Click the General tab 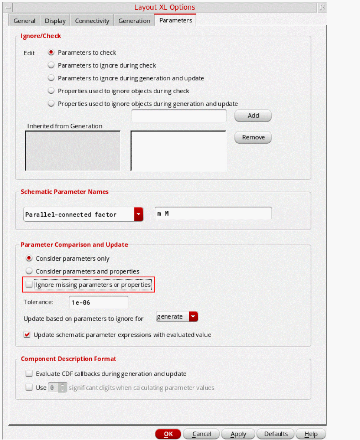[24, 21]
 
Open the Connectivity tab [92, 21]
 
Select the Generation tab [134, 21]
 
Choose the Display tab [55, 21]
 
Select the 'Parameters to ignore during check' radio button [51, 65]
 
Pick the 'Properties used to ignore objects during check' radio [51, 91]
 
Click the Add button [253, 115]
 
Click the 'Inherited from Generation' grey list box [73, 151]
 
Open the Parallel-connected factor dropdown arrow [139, 214]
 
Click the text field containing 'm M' [213, 214]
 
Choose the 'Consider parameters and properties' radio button [29, 271]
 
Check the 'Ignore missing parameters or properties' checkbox [29, 285]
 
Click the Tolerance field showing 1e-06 [98, 302]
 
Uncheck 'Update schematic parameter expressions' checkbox [27, 335]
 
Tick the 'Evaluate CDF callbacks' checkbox [29, 374]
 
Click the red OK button [168, 434]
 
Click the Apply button [238, 434]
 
